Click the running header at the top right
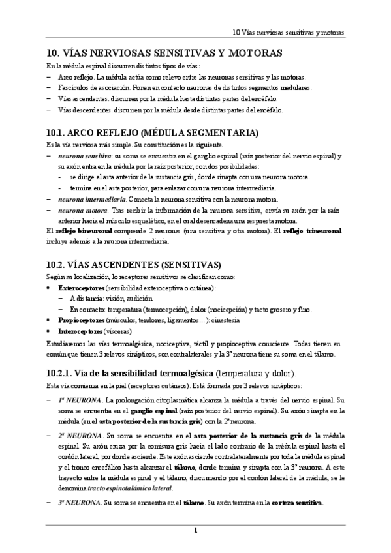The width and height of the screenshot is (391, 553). pyautogui.click(x=289, y=32)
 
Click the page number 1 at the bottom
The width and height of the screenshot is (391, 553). pyautogui.click(x=195, y=530)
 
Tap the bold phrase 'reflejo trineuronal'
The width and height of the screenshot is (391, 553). pyautogui.click(x=311, y=230)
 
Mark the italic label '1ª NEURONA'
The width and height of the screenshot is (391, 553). pyautogui.click(x=79, y=399)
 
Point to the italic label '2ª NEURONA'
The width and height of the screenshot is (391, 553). pyautogui.click(x=79, y=435)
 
